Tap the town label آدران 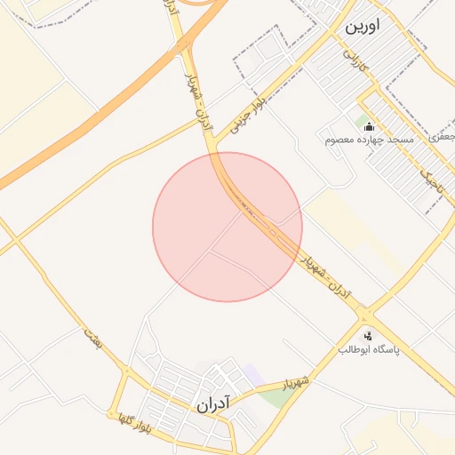[x=212, y=404]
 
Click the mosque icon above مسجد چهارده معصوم [x=369, y=125]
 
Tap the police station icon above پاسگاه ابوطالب [x=369, y=336]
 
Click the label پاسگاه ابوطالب [x=369, y=350]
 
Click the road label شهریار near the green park [x=296, y=383]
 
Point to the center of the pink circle [x=227, y=227]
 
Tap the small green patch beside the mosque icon [x=361, y=121]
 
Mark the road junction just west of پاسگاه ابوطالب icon [x=363, y=317]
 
